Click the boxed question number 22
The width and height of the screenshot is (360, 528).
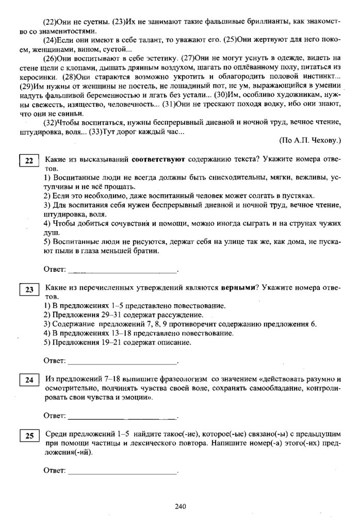pos(29,161)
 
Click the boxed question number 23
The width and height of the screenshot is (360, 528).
pos(29,290)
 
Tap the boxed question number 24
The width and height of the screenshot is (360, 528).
pos(29,381)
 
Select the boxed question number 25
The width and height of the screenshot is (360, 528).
pos(29,436)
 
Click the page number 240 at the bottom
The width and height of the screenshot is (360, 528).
pos(180,506)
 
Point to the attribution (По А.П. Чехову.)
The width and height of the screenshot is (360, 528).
pos(310,140)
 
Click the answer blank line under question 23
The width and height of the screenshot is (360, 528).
pos(123,360)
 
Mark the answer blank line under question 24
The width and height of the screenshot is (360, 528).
pos(123,416)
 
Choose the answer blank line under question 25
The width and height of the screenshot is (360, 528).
pos(123,471)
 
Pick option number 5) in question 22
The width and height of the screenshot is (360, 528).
pos(47,243)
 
